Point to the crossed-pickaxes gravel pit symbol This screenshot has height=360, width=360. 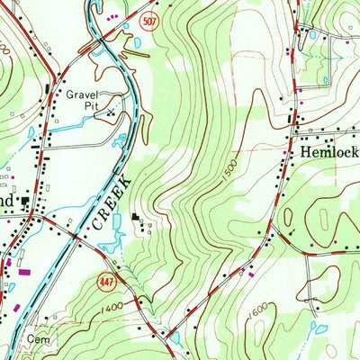(x=112, y=113)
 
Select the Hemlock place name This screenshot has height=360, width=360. (x=328, y=154)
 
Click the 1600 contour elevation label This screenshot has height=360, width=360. (x=260, y=310)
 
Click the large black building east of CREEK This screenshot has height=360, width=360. (x=136, y=218)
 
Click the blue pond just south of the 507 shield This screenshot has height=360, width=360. (x=137, y=42)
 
